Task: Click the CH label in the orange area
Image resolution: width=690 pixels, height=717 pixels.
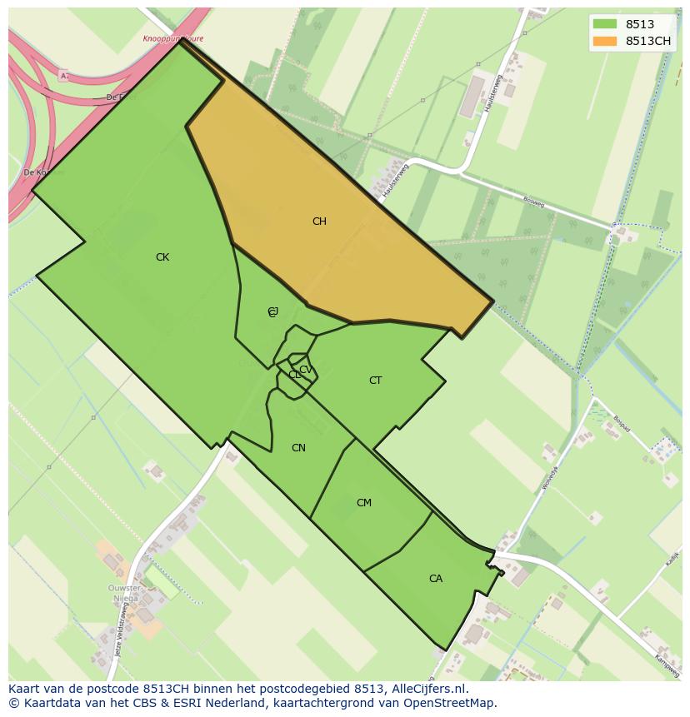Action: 319,222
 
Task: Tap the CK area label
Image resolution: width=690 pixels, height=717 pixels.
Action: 162,257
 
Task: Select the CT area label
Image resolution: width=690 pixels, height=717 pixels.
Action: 375,381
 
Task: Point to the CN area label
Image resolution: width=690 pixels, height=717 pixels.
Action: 298,448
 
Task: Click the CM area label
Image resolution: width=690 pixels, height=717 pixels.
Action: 364,503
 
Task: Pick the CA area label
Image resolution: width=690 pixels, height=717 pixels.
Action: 436,579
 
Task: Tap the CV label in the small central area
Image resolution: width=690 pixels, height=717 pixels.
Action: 305,370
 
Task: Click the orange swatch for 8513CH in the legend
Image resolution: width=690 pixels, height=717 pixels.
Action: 605,41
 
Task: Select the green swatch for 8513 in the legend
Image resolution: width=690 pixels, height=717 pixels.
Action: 605,24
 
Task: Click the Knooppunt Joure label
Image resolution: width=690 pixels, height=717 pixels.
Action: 172,38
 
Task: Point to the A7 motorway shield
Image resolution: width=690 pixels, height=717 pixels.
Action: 64,76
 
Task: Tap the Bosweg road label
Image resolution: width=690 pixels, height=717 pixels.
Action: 533,202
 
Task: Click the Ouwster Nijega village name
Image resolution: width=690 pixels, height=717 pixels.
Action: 124,594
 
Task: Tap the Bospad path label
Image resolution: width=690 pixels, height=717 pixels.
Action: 621,423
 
